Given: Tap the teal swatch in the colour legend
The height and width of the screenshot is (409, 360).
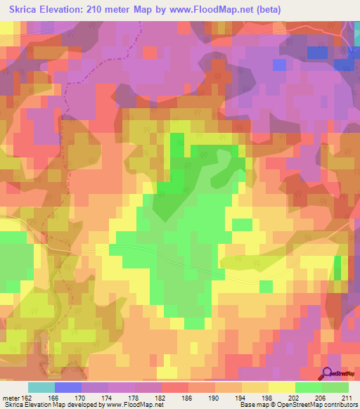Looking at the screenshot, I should (x=41, y=387).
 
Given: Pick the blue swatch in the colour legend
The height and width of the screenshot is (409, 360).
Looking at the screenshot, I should (x=68, y=387).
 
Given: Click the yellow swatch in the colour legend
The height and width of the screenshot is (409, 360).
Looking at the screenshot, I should (x=282, y=387).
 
